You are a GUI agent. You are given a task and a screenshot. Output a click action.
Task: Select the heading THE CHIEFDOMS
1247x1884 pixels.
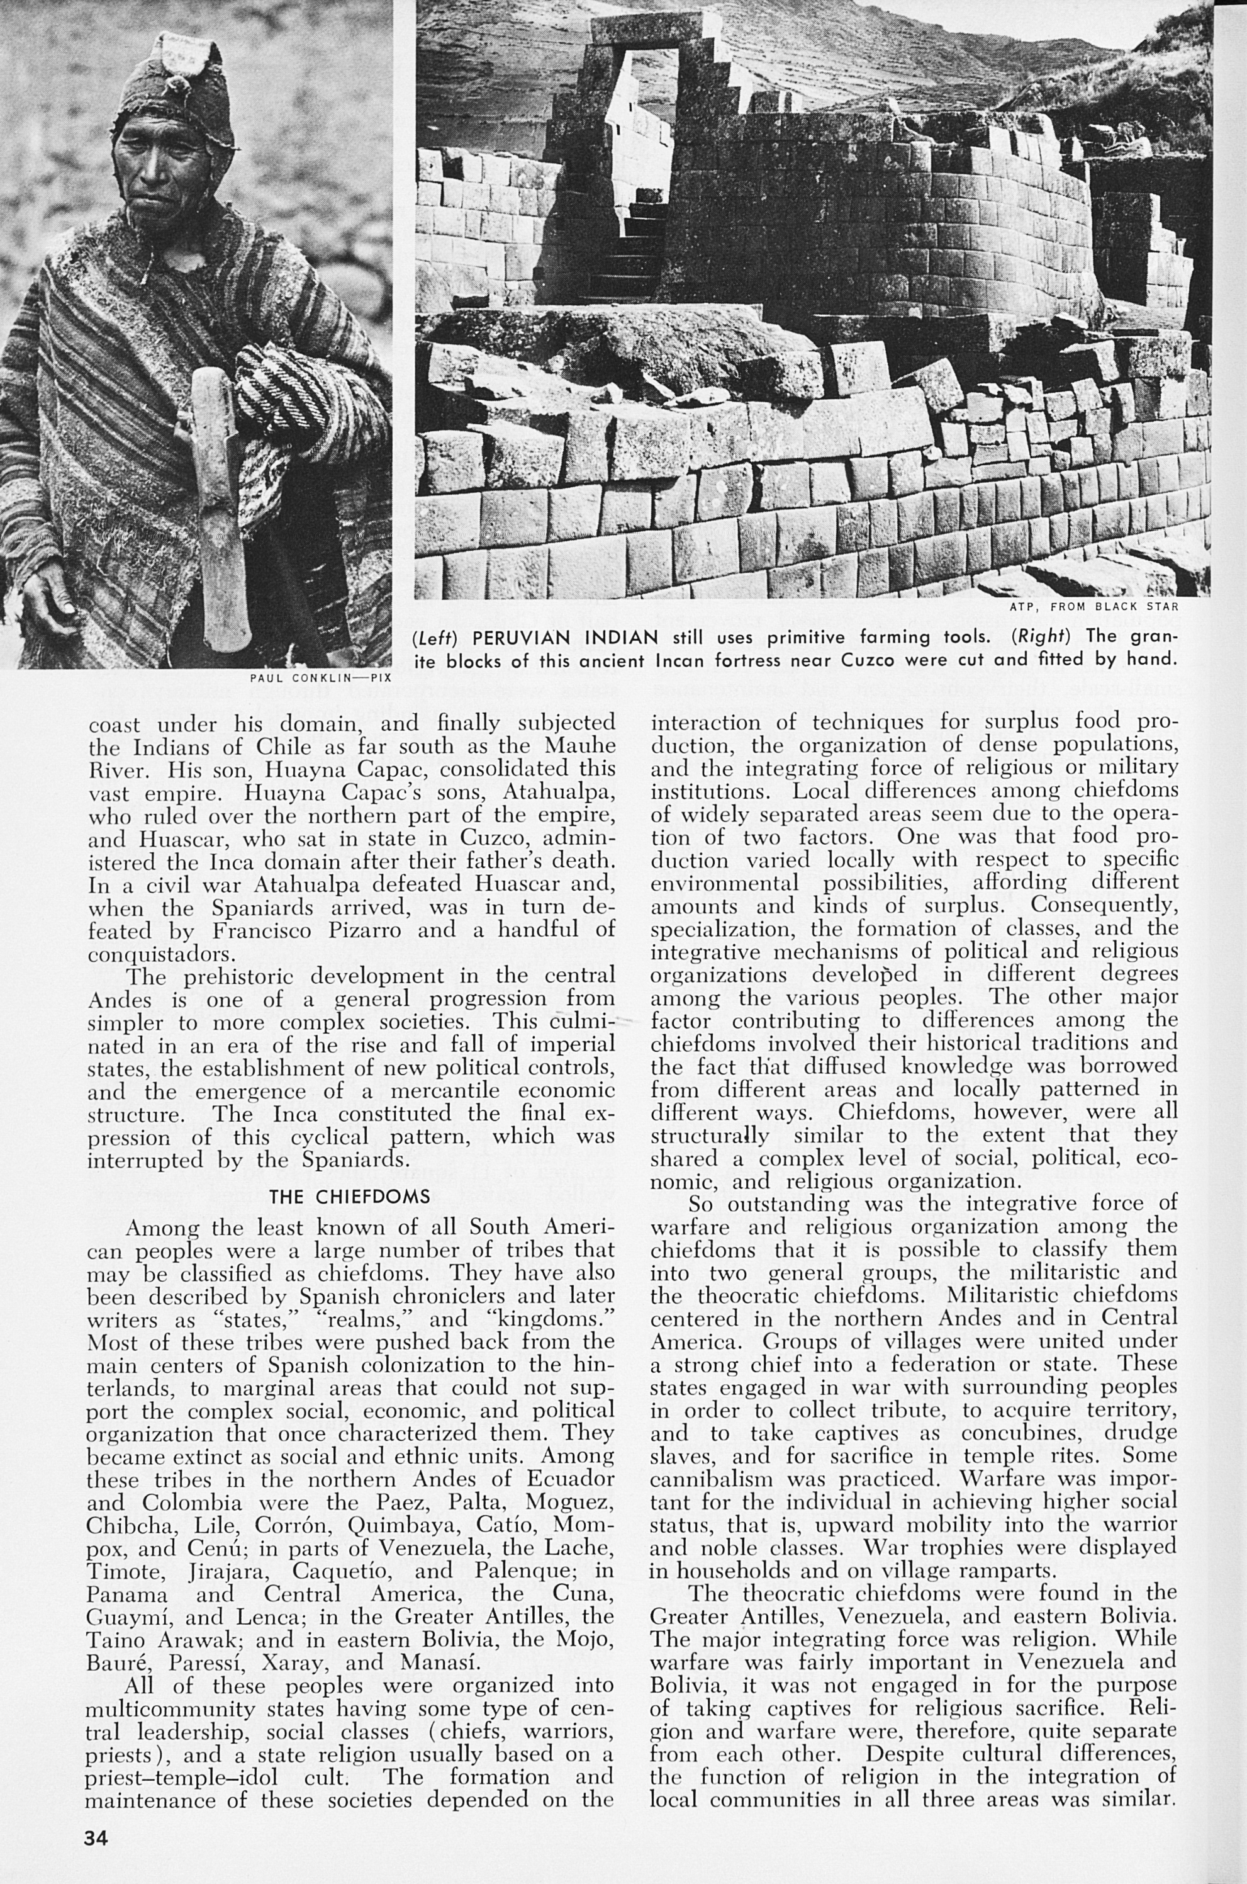pos(350,1197)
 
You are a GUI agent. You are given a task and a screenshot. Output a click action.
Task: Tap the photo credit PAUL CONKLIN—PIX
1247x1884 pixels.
pos(316,678)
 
